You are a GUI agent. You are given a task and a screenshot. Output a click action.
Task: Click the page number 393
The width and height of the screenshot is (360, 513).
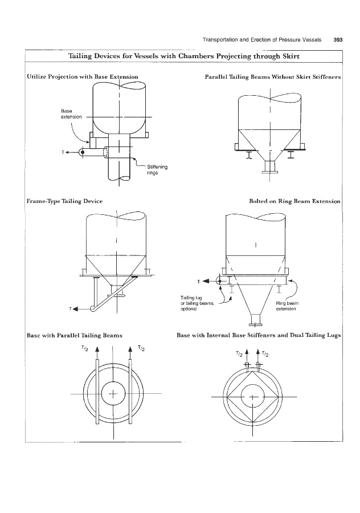pyautogui.click(x=338, y=40)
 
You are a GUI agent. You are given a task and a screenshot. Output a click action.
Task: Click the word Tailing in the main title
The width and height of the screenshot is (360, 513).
pyautogui.click(x=80, y=56)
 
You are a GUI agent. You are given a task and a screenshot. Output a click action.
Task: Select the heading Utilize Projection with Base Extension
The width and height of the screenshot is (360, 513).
pyautogui.click(x=83, y=77)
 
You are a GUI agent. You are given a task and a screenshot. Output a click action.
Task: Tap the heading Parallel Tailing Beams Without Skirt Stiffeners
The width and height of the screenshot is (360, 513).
pyautogui.click(x=273, y=77)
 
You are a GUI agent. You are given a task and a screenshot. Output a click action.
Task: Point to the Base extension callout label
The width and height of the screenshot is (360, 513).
pyautogui.click(x=71, y=114)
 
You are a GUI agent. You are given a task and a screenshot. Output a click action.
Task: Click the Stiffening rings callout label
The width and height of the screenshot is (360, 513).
pyautogui.click(x=157, y=169)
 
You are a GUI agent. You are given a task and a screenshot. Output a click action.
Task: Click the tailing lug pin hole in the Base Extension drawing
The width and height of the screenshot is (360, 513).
pyautogui.click(x=83, y=152)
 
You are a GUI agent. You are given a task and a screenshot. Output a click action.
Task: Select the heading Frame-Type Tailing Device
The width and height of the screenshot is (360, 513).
pyautogui.click(x=64, y=201)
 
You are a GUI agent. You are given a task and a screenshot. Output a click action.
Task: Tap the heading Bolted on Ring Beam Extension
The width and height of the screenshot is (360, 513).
pyautogui.click(x=294, y=201)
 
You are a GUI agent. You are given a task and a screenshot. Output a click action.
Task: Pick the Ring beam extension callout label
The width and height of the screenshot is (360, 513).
pyautogui.click(x=287, y=306)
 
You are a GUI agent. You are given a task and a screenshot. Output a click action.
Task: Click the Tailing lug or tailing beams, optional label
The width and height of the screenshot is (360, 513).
pyautogui.click(x=197, y=303)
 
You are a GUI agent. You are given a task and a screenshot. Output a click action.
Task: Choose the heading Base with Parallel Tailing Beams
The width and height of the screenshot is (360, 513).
pyautogui.click(x=74, y=335)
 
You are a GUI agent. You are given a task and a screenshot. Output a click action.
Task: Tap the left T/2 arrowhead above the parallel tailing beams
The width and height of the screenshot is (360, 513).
pyautogui.click(x=97, y=349)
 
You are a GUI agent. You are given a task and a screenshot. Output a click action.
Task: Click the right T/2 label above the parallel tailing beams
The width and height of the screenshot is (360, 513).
pyautogui.click(x=141, y=348)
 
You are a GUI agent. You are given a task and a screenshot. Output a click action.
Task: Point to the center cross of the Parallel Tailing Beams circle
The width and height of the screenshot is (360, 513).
pyautogui.click(x=113, y=393)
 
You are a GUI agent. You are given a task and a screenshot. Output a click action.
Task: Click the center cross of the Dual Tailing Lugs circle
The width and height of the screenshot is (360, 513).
pyautogui.click(x=253, y=397)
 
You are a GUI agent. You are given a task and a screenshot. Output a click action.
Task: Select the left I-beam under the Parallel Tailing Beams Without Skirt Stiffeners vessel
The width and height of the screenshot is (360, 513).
pyautogui.click(x=249, y=155)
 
